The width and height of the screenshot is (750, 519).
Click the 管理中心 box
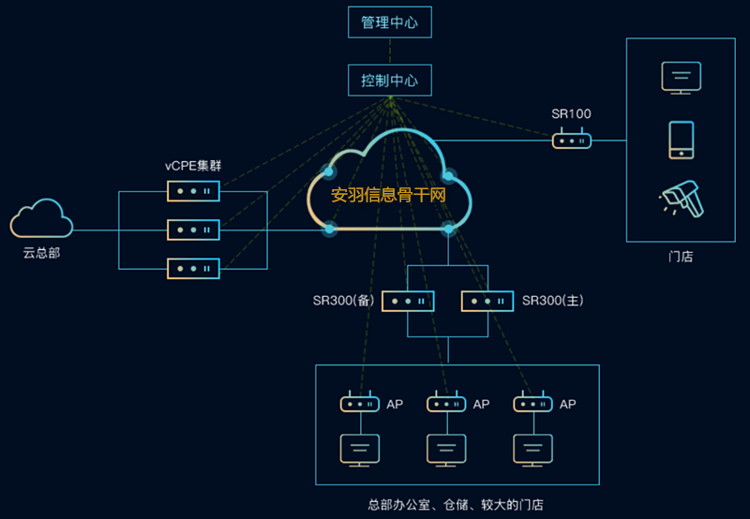389,22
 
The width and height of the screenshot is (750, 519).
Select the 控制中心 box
389,80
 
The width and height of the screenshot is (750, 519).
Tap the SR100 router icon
571,141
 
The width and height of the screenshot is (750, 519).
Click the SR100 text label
571,114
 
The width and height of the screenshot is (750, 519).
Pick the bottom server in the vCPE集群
193,268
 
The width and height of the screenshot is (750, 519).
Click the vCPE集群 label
193,166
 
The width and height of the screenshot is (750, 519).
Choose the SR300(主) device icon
487,301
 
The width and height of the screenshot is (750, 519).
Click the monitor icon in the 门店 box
680,77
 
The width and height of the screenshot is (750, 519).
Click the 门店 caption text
681,256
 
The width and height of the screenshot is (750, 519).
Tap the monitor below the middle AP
446,450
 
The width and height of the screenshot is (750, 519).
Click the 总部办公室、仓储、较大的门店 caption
456,504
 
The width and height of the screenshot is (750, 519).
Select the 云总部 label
41,253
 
